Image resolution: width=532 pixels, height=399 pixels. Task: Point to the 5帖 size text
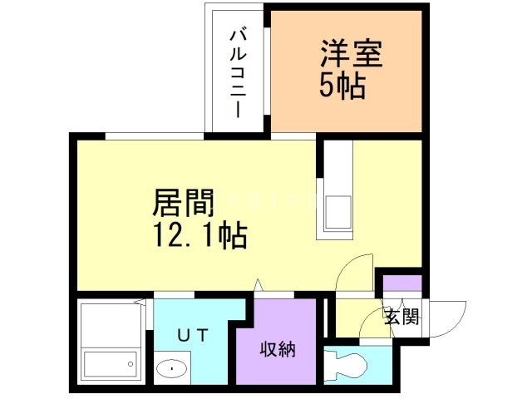(342, 86)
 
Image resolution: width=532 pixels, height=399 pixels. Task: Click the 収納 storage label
(278, 349)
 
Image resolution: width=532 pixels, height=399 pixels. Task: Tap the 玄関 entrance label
(401, 316)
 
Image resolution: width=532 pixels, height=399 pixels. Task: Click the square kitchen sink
(337, 210)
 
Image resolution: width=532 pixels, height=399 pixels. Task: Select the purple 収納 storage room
(278, 341)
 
